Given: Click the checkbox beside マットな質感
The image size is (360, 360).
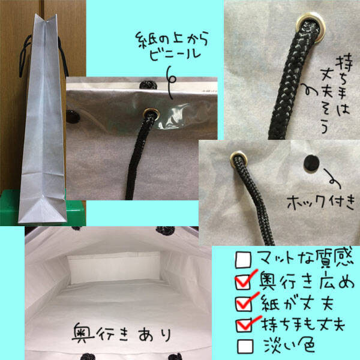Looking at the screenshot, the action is (x=244, y=260).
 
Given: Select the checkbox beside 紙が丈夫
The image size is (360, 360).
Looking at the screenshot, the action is (x=244, y=304).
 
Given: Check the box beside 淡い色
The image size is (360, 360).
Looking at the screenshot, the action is (x=245, y=346).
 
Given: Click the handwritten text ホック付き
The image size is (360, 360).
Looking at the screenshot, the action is (x=321, y=202).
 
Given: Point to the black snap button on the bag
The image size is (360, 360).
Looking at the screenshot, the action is (x=311, y=163).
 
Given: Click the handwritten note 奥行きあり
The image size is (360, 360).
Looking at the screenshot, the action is (x=122, y=334).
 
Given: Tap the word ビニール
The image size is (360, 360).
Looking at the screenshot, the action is (x=175, y=55).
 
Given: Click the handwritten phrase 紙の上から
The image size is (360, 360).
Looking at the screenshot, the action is (x=172, y=39).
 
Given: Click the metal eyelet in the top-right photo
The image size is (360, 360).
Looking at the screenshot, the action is (x=311, y=28).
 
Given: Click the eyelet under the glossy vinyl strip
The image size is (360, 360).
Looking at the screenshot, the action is (x=151, y=114).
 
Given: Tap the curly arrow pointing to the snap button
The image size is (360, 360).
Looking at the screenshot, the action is (x=332, y=179).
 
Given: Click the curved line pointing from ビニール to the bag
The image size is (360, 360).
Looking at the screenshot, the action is (x=170, y=83).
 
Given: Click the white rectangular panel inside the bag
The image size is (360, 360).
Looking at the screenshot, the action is (x=114, y=268).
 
